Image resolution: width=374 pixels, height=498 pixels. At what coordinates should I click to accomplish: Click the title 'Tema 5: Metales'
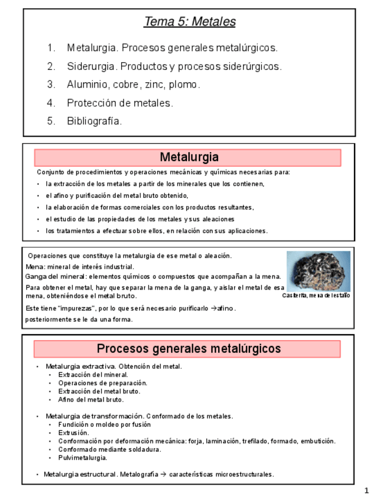click(189, 22)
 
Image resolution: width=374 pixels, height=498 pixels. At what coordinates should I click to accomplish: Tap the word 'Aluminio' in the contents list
click(86, 85)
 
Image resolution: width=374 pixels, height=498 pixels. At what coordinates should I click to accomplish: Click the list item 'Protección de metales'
click(119, 103)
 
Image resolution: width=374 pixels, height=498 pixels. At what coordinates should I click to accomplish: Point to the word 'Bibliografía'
click(94, 122)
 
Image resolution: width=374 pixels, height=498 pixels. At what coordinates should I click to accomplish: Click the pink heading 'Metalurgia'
click(189, 157)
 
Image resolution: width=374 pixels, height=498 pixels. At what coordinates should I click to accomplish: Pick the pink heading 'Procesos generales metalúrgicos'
click(188, 349)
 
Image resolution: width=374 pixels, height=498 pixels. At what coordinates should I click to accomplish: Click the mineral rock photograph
click(318, 271)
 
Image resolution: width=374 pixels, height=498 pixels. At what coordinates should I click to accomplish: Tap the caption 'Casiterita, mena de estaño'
click(316, 296)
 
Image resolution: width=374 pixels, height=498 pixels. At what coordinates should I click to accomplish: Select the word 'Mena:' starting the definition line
click(35, 267)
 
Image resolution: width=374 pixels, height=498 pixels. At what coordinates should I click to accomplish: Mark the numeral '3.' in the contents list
click(51, 85)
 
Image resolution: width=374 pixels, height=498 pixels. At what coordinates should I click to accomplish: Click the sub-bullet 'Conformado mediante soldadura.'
click(109, 449)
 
